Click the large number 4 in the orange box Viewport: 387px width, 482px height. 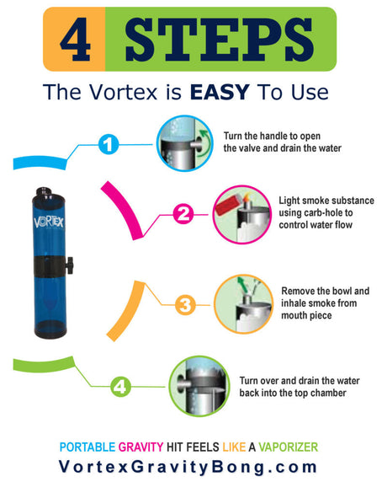coord(75,39)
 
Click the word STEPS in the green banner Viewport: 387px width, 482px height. coord(219,39)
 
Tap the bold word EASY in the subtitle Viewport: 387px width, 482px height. coord(220,92)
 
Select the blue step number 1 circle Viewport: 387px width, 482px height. coord(109,144)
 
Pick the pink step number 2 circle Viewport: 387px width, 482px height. coord(183,214)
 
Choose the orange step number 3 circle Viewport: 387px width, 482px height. coord(185,305)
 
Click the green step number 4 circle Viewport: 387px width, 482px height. coord(120,387)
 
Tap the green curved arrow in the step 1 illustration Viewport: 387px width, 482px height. coord(205,143)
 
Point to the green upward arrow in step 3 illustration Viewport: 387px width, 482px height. coord(243,286)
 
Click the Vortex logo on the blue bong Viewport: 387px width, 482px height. coord(49,222)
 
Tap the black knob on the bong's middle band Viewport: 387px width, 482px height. coord(70,265)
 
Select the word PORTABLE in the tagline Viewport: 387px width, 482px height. coord(87,447)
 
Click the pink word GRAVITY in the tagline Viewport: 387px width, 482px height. coord(140,447)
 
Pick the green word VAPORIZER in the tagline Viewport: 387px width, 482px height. coord(289,447)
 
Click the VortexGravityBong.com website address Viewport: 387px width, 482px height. coord(188,467)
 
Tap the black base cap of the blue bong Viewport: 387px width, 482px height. coord(50,329)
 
